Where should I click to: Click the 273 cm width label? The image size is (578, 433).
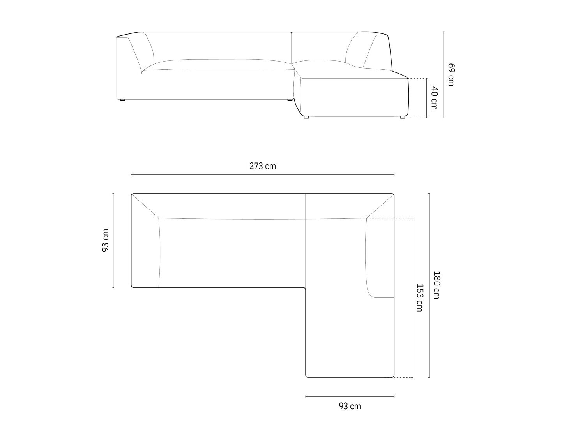point(263,166)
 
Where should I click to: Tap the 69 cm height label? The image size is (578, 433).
point(451,74)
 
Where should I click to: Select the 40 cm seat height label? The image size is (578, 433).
point(434,98)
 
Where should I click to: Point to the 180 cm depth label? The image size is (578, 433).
point(437,285)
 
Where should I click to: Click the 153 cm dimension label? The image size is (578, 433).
point(419,297)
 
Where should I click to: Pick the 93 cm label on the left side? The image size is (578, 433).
point(105,240)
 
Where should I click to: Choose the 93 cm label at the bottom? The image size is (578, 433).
point(350,406)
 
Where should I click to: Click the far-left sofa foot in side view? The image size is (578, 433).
point(122,100)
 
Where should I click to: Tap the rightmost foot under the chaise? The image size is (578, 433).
point(403,117)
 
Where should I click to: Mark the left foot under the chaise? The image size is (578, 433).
point(306,117)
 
